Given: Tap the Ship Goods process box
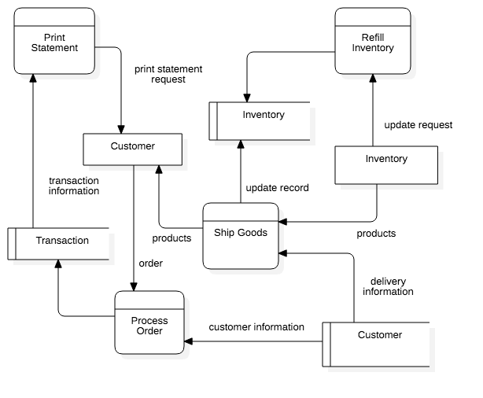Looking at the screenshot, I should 241,236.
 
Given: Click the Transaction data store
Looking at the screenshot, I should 59,244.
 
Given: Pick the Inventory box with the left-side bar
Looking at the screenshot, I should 260,121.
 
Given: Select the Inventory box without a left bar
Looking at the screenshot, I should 386,164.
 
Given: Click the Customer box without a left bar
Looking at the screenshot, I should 132,149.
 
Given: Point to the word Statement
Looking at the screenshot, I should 54,48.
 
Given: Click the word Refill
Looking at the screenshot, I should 373,37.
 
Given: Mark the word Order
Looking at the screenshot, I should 149,331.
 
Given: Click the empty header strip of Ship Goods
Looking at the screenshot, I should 241,212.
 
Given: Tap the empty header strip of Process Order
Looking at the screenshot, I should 149,300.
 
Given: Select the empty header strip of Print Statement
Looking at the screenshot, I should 54,17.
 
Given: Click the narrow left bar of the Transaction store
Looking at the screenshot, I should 12,244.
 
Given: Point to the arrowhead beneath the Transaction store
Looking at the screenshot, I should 58,262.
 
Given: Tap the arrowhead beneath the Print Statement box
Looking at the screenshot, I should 32,76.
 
